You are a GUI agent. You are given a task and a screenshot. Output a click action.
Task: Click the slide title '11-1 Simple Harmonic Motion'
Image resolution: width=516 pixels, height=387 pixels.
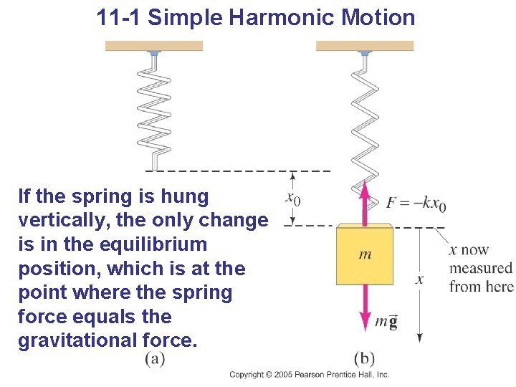(x=256, y=17)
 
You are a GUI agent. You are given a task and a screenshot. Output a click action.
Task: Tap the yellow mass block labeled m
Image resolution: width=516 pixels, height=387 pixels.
(x=365, y=254)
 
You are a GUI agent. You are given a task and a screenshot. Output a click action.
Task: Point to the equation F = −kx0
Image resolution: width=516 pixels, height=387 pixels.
(x=416, y=204)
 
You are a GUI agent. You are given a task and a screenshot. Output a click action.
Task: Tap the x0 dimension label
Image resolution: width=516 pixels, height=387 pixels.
(x=292, y=197)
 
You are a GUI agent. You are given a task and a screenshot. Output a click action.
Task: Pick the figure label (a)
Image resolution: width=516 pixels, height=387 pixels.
(x=155, y=358)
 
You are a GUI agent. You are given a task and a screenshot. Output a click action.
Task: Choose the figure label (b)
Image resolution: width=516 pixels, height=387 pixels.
(x=364, y=358)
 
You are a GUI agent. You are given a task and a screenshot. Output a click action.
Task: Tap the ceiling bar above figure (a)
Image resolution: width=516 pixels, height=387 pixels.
(x=154, y=46)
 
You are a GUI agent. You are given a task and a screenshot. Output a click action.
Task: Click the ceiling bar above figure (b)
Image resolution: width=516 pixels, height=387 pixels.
(x=365, y=46)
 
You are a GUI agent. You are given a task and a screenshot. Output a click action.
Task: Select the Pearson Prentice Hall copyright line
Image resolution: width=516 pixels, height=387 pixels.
(x=309, y=375)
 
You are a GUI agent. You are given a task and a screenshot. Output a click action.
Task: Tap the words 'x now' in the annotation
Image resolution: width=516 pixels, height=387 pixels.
(x=469, y=250)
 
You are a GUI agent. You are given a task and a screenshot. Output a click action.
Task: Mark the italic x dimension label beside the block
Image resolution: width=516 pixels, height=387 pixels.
(x=419, y=279)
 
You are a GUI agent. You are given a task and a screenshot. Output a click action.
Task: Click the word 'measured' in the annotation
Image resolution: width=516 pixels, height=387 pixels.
(x=481, y=269)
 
